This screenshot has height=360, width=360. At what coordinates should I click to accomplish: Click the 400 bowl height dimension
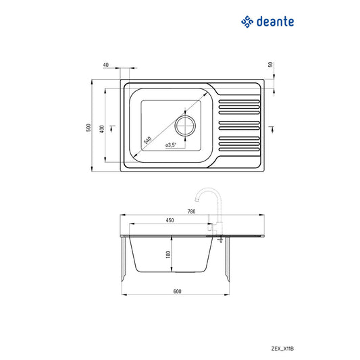tap(101, 128)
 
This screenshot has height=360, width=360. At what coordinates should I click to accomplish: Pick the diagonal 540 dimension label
tap(147, 140)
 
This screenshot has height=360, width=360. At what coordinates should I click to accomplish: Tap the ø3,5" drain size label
tap(170, 145)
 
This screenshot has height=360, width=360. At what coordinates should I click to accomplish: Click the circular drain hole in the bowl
tap(184, 125)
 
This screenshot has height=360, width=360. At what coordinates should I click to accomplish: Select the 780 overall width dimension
tap(191, 212)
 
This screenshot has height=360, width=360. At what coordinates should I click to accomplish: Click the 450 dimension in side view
tap(170, 220)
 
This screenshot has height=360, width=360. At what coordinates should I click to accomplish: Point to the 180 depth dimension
tap(168, 255)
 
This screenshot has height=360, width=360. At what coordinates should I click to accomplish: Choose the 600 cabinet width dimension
tap(177, 292)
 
